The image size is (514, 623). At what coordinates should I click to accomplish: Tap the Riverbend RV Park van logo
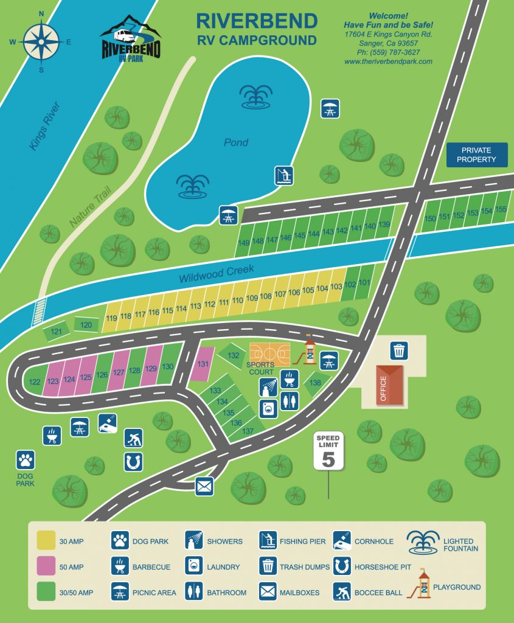[x=130, y=38]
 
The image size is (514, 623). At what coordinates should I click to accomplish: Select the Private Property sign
[x=478, y=155]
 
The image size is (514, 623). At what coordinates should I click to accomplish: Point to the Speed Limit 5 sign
[x=328, y=451]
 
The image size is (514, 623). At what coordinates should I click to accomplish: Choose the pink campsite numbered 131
[x=204, y=364]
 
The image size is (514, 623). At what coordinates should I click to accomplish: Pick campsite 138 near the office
[x=315, y=383]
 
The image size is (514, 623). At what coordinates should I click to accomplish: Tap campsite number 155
[x=501, y=209]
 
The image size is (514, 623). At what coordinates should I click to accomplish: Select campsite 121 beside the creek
[x=56, y=332]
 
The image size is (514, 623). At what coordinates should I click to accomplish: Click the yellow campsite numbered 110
[x=238, y=300]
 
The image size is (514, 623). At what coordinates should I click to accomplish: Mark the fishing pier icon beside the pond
[x=283, y=175]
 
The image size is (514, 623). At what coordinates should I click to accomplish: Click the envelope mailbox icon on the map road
[x=204, y=486]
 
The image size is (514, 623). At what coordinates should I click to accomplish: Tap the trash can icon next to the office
[x=399, y=350]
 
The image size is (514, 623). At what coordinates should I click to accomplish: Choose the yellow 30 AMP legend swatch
[x=46, y=541]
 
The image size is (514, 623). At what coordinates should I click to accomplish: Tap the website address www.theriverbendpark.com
[x=388, y=62]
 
